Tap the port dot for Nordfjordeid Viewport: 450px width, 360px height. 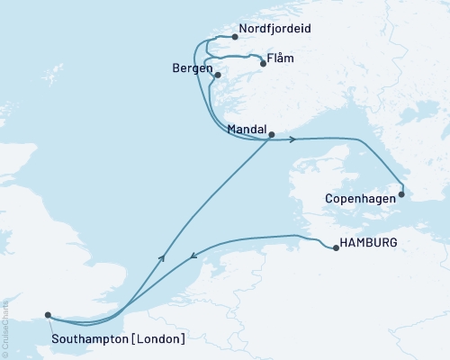(234, 37)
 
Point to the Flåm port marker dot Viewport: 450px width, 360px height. (263, 64)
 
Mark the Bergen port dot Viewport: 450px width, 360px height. (218, 76)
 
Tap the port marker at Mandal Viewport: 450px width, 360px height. (271, 135)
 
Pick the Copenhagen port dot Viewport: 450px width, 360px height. (401, 193)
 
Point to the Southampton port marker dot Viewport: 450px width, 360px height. (48, 315)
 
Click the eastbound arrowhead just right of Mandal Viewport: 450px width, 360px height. (292, 139)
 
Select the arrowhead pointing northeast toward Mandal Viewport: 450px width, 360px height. (163, 257)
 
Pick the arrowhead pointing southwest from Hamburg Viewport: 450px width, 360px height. (193, 259)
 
